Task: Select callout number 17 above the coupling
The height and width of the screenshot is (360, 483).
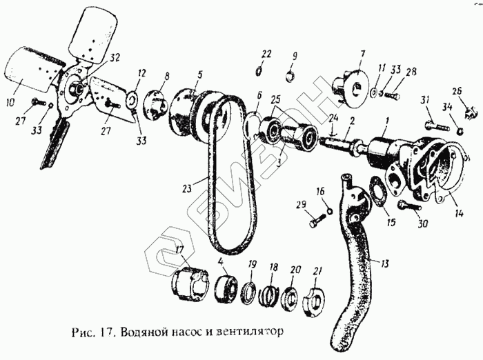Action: coord(179,250)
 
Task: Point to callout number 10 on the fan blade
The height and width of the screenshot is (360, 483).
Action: coord(11,104)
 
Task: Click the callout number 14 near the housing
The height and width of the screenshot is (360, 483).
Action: coord(460,214)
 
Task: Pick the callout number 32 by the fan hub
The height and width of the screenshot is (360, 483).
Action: coord(114,57)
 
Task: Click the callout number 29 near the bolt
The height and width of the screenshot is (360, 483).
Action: coord(301,206)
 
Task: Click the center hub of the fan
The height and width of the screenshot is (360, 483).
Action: coord(75,90)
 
